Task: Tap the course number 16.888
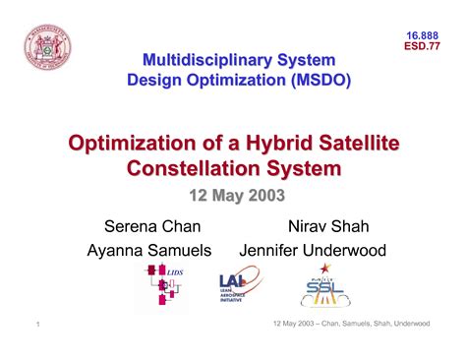point(423,36)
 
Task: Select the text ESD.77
point(423,49)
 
